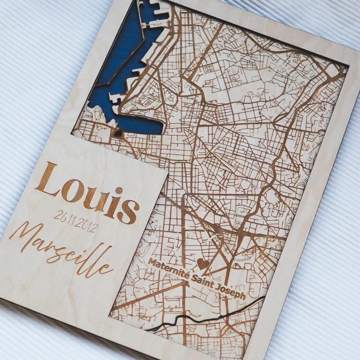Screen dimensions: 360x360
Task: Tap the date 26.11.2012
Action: pyautogui.click(x=75, y=221)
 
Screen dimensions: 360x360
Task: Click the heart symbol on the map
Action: pyautogui.click(x=202, y=263)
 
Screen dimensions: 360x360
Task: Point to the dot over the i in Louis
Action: pyautogui.click(x=118, y=190)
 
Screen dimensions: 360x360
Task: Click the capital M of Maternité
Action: pyautogui.click(x=152, y=263)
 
